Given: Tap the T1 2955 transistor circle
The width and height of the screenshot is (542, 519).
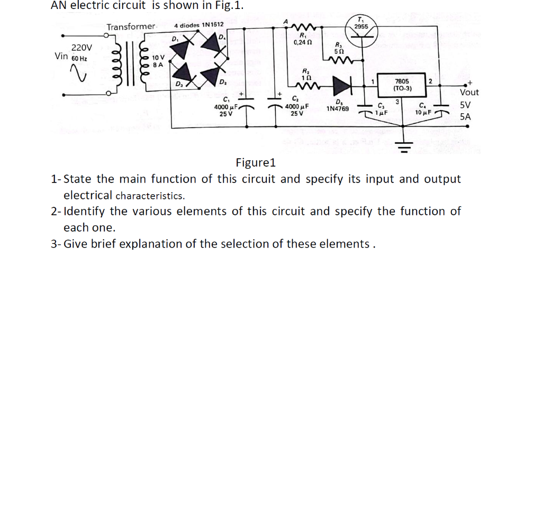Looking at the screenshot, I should (x=361, y=28).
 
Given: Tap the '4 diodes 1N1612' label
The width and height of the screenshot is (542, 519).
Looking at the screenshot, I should (x=198, y=25).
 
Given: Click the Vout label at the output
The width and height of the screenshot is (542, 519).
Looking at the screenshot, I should (x=469, y=92).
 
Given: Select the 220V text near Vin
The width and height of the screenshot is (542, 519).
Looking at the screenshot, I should (x=82, y=48).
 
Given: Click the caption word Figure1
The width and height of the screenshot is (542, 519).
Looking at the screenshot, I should (x=256, y=162).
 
